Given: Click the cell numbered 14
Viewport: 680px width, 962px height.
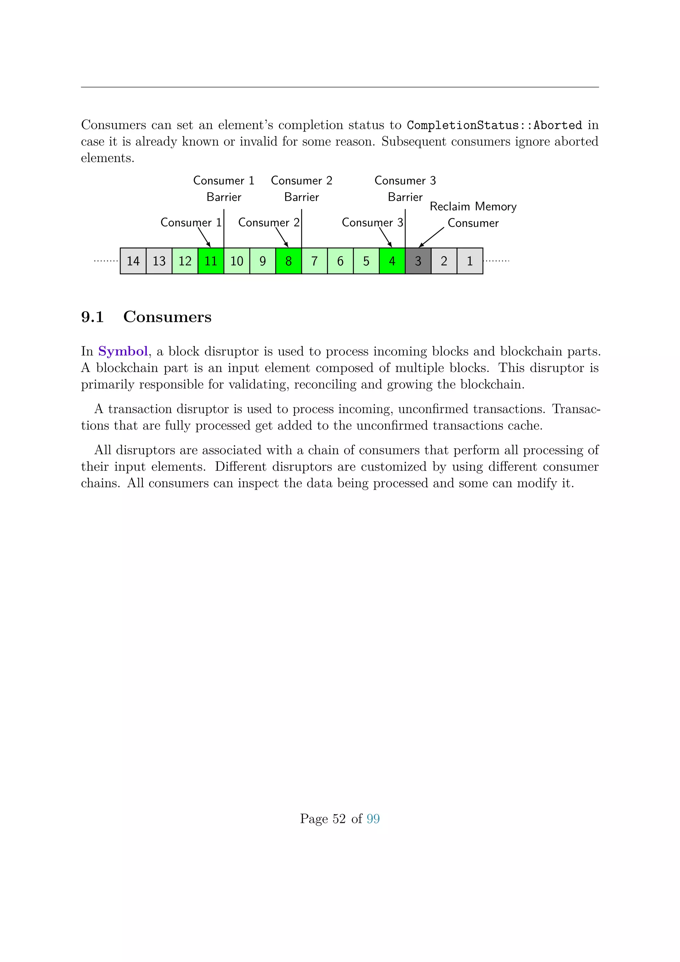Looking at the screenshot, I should pos(133,261).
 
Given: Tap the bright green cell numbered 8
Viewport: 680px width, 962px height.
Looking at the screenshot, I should pos(289,261).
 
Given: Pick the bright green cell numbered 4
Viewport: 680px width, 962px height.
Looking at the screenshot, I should pos(392,261).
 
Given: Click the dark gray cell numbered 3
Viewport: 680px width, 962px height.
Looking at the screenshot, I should pos(418,261).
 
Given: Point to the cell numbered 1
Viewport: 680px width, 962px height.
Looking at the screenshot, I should pos(470,261).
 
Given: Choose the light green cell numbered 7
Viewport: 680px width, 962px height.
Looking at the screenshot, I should pos(314,261).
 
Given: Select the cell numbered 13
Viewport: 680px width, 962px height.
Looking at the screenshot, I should pos(159,261).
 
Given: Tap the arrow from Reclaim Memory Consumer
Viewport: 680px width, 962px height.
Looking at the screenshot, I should pos(431,237).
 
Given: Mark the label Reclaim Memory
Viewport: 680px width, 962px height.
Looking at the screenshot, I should pos(473,207).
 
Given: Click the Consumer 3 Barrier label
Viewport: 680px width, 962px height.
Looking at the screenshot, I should pos(405,189).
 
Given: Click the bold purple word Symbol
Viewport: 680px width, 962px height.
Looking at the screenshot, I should pos(123,351).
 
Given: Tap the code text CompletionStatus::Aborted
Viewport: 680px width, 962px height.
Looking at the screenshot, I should pos(494,125).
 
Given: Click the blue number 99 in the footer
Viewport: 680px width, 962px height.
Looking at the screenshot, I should pos(373,819).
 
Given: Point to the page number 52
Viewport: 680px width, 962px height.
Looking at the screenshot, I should pos(339,819).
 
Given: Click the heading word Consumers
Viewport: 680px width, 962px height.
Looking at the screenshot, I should pos(167,317).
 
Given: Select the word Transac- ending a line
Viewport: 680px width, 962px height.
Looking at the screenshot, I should pos(576,409).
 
